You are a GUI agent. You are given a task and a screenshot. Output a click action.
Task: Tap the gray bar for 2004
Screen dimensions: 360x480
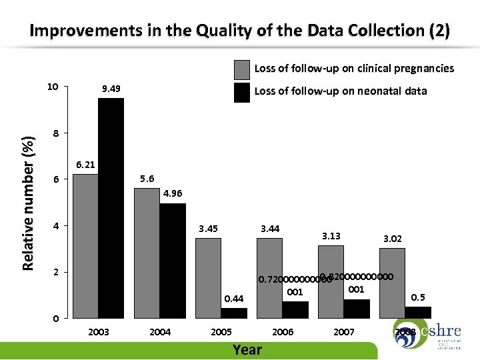(x=147, y=253)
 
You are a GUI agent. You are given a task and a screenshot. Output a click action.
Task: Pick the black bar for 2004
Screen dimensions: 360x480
(x=172, y=260)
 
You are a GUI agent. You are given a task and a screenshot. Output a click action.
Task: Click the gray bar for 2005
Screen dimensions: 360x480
(x=208, y=277)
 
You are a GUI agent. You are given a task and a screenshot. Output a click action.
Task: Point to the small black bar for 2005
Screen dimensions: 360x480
(x=233, y=313)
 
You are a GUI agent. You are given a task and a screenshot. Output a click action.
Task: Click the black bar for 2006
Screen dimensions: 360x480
(x=295, y=309)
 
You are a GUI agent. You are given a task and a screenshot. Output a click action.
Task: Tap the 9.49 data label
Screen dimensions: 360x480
(x=111, y=89)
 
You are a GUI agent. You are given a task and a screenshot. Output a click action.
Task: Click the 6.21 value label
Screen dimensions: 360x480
(x=85, y=164)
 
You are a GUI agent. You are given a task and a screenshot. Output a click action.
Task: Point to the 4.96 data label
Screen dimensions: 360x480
(x=173, y=194)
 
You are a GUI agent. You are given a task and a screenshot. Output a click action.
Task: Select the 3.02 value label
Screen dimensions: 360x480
(x=392, y=238)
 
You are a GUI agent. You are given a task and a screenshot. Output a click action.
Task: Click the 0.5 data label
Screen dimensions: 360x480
(x=418, y=297)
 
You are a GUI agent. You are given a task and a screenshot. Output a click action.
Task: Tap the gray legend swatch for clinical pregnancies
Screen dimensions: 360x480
(x=241, y=69)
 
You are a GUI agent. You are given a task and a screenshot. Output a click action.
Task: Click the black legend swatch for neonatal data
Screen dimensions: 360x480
(x=241, y=91)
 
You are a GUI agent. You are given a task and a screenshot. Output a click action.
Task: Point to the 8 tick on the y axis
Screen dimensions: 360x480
(x=57, y=133)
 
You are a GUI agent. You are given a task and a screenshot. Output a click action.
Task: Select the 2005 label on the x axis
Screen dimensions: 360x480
(x=221, y=332)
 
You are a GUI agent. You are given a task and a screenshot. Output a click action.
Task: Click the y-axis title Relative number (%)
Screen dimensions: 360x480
(x=29, y=199)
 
